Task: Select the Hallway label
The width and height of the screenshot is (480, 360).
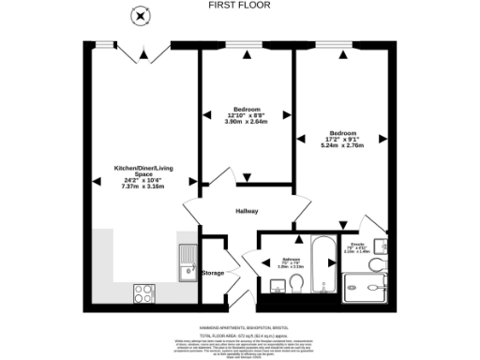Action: (x=247, y=210)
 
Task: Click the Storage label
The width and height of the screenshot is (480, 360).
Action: (x=214, y=273)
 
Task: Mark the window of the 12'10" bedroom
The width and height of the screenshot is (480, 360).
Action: (x=247, y=44)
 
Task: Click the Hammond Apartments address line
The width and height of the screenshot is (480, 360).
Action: (x=240, y=327)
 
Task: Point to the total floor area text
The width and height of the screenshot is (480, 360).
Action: (x=240, y=335)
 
